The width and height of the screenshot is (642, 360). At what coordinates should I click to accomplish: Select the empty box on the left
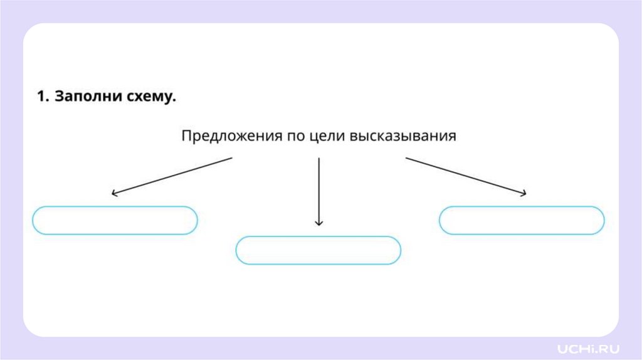click(x=115, y=220)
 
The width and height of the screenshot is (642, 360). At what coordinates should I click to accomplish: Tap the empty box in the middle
click(x=318, y=250)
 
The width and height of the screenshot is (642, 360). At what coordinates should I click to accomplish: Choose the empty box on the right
click(x=522, y=220)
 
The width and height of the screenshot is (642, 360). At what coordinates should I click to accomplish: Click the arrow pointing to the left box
click(x=172, y=176)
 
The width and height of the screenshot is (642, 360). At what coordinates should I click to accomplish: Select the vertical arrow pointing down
click(x=318, y=191)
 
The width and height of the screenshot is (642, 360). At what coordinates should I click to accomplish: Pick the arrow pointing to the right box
click(x=465, y=176)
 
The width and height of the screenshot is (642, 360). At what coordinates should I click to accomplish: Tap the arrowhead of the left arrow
click(x=113, y=194)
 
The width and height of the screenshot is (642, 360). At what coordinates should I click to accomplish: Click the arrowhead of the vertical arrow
click(x=318, y=223)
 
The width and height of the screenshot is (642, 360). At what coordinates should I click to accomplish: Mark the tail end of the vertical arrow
click(x=318, y=159)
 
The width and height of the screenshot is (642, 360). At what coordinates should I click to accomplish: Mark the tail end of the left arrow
click(x=231, y=158)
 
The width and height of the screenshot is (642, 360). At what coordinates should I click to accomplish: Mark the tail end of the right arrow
click(x=406, y=158)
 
